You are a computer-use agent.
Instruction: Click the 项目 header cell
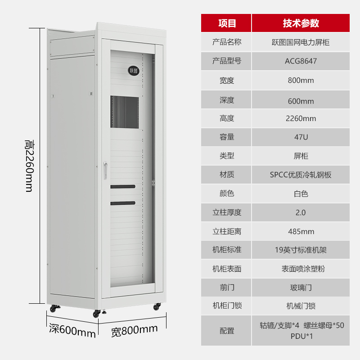point(226,23)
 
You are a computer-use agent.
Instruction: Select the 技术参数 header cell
point(301,23)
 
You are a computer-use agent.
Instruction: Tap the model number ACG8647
point(301,61)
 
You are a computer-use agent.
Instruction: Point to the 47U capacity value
point(301,137)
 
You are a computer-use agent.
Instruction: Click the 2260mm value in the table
point(301,118)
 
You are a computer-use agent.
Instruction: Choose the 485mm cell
point(301,231)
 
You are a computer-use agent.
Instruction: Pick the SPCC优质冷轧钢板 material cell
point(301,175)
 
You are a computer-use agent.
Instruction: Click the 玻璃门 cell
point(301,288)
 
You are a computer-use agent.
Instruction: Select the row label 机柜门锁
point(227,306)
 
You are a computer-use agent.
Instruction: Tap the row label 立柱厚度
point(227,212)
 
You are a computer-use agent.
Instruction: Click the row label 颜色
point(227,193)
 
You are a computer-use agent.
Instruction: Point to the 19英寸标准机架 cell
point(301,250)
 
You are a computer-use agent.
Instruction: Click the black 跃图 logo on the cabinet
point(133,71)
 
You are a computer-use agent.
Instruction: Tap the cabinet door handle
point(105,171)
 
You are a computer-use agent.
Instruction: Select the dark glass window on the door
point(125,112)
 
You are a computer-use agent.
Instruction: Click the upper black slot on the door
point(123,187)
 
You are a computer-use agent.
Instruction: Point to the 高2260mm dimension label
point(30,166)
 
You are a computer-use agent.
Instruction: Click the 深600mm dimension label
point(72,331)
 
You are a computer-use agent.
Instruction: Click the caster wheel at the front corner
point(97,313)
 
